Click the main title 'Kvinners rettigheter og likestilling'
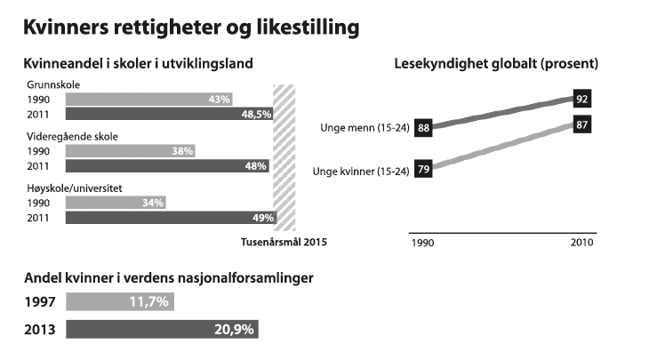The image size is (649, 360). pos(192,28)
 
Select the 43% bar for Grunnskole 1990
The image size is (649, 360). pos(151,99)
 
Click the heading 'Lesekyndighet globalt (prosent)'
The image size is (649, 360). pos(496,64)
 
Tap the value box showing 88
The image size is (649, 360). pos(423,129)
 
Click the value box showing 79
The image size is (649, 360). pos(423,171)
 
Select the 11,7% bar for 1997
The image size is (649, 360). pos(121,303)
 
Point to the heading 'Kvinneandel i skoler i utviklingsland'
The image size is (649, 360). pos(140,64)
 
